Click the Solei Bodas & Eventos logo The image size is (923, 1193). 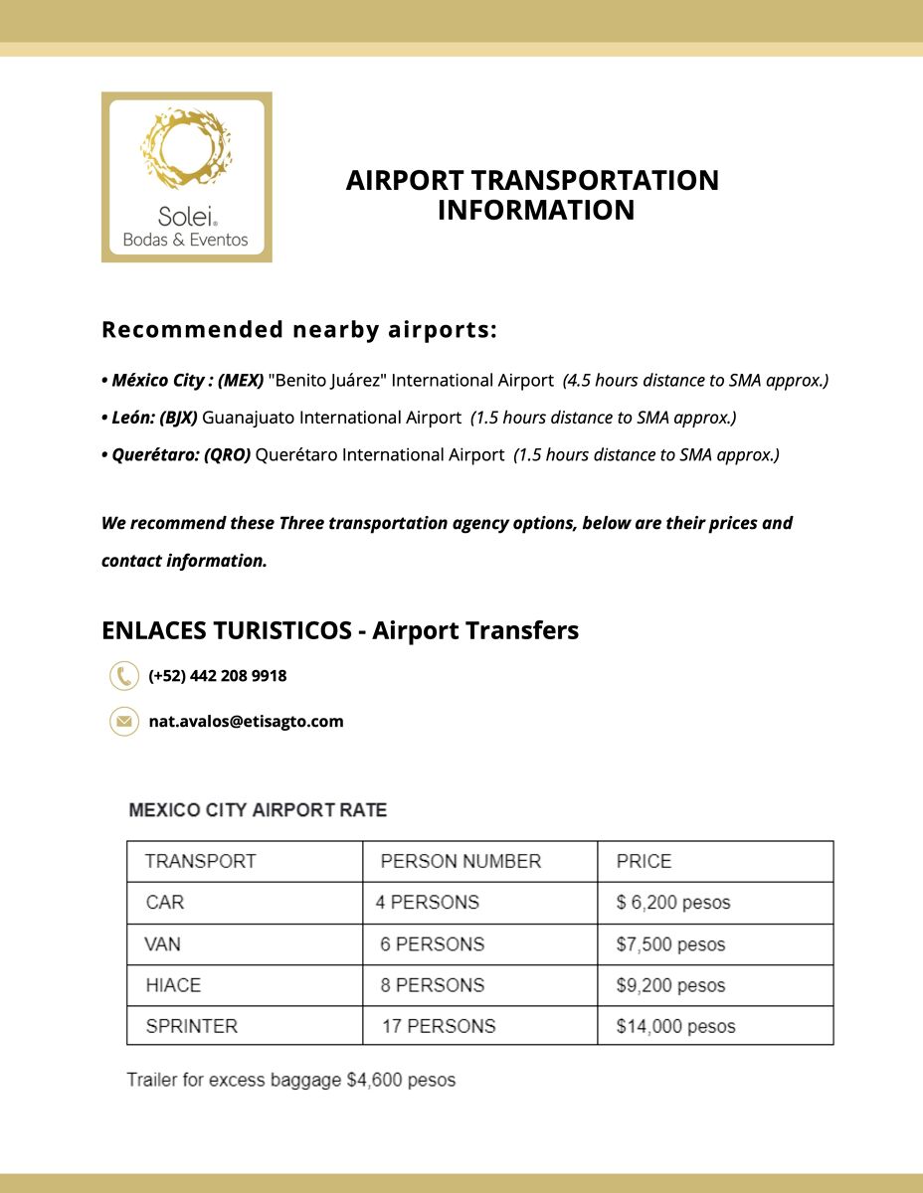[x=186, y=177]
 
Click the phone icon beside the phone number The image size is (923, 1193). [x=123, y=676]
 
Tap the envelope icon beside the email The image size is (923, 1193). [x=123, y=721]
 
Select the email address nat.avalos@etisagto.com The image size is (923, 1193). [x=246, y=722]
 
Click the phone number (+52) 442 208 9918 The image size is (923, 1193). [x=217, y=676]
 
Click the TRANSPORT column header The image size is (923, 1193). [x=201, y=861]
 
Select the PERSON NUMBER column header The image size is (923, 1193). [x=461, y=861]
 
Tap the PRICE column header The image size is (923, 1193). [x=644, y=861]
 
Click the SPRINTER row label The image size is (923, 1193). [x=192, y=1026]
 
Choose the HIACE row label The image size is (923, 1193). [x=173, y=985]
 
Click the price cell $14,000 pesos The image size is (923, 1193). [x=675, y=1026]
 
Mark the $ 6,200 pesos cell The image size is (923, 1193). [x=672, y=903]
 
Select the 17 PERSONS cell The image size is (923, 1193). [x=439, y=1026]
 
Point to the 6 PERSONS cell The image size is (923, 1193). [x=433, y=944]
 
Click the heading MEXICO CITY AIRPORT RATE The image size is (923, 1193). [x=258, y=810]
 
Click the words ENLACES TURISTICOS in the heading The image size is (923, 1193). [x=226, y=630]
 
